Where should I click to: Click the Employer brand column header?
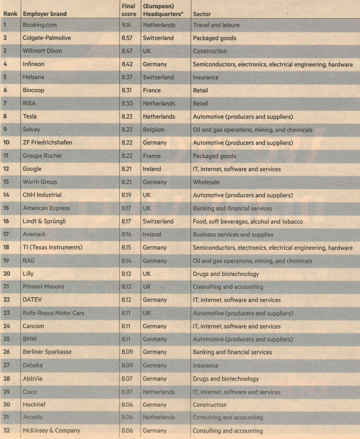(45, 14)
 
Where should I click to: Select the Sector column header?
(202, 14)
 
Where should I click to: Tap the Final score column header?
(128, 10)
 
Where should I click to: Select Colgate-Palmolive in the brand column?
(47, 38)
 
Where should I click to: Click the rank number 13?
(6, 182)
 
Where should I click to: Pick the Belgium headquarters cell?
(153, 130)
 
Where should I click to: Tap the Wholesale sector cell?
(206, 182)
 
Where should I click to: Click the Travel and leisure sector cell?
(216, 25)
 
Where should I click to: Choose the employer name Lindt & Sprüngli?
(44, 221)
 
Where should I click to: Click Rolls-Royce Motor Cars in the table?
(54, 313)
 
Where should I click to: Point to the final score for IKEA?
(127, 104)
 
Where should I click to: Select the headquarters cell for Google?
(152, 169)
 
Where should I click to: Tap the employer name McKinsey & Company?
(51, 430)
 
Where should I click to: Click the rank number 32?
(6, 430)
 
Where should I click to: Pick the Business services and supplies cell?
(233, 235)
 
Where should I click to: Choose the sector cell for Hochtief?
(210, 404)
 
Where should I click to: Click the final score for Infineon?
(127, 64)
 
